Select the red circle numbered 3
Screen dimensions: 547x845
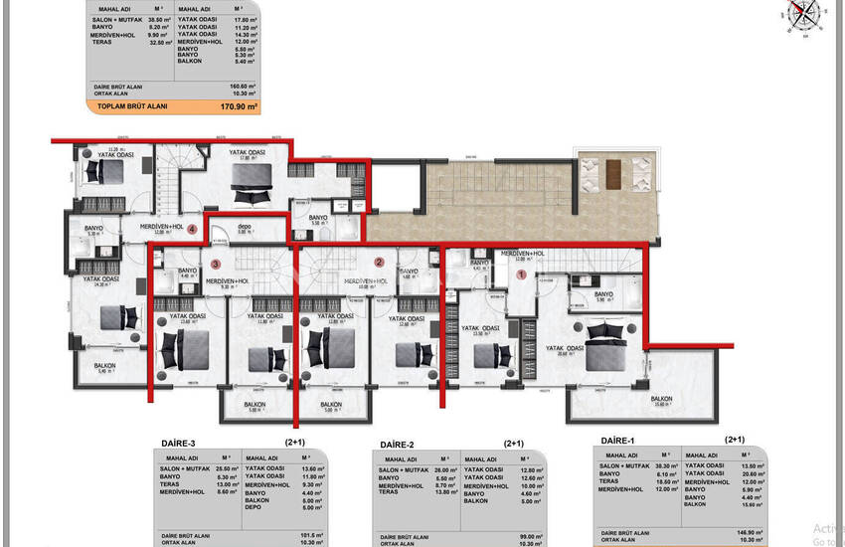(216, 264)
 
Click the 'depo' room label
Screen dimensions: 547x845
(245, 228)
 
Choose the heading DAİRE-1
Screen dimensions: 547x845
(622, 440)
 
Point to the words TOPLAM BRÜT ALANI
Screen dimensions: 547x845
(133, 104)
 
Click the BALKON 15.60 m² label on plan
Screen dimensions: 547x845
(659, 400)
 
